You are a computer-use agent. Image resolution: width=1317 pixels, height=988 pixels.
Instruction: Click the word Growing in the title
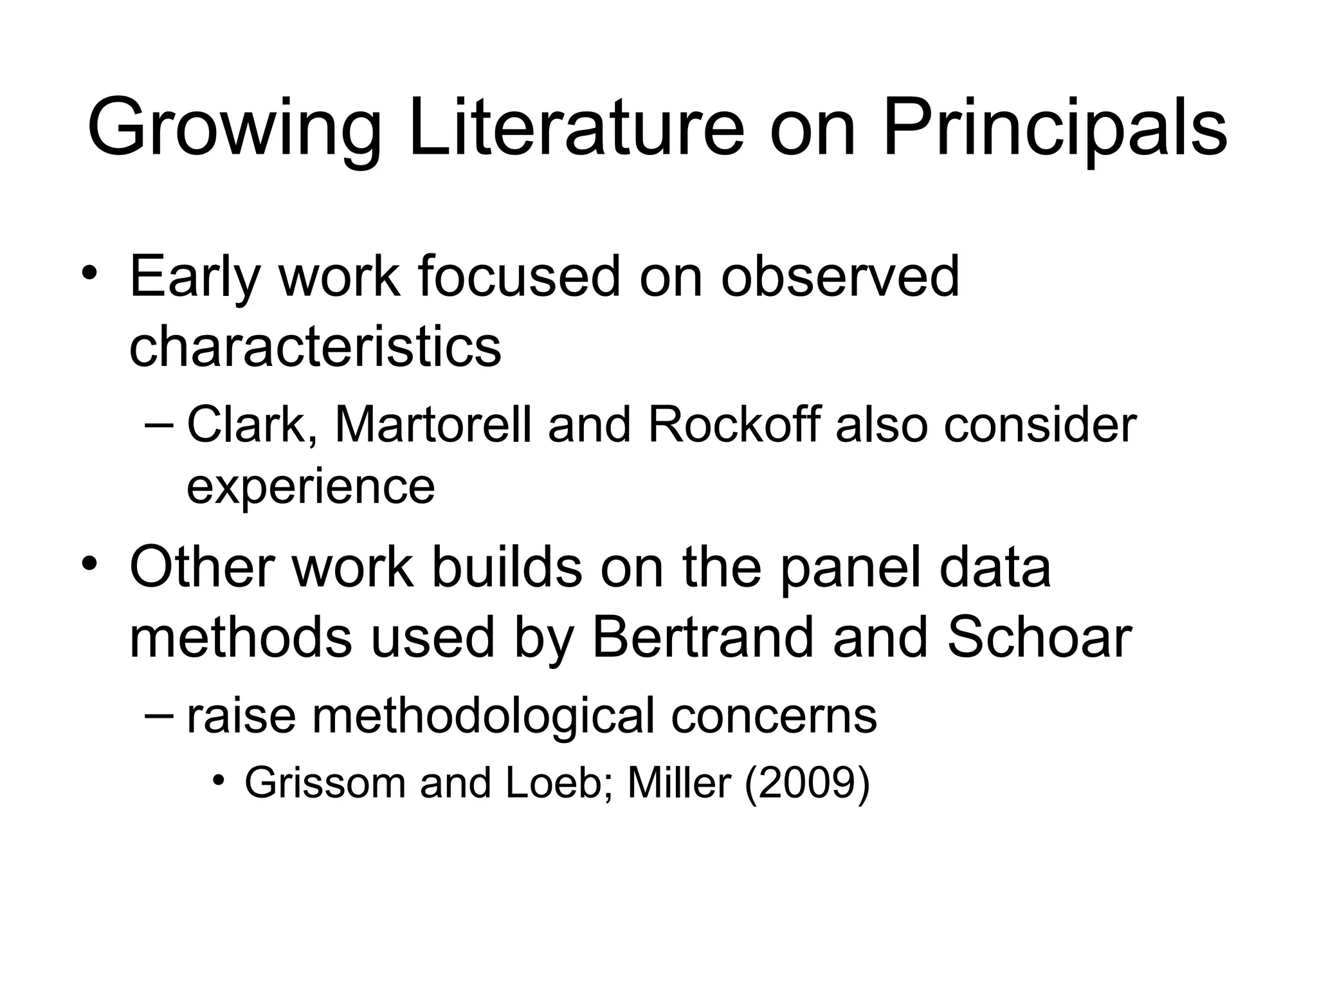click(235, 129)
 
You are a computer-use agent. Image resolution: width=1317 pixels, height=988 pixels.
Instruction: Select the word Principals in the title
click(1055, 129)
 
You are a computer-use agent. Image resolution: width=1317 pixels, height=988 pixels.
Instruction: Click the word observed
click(840, 277)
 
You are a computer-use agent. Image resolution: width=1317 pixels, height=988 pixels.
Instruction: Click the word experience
click(311, 487)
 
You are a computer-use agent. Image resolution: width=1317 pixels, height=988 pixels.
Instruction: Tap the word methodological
click(483, 715)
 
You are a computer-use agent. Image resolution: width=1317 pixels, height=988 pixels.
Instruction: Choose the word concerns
click(774, 715)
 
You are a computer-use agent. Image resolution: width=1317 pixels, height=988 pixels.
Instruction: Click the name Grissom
click(325, 783)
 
